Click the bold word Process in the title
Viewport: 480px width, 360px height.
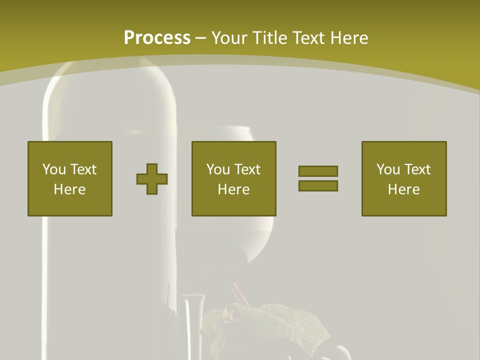pyautogui.click(x=157, y=38)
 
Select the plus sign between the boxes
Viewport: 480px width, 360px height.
pyautogui.click(x=152, y=179)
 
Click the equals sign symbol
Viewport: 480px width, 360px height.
pyautogui.click(x=318, y=178)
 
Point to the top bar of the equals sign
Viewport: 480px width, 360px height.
pyautogui.click(x=318, y=171)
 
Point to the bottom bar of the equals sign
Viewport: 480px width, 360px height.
pyautogui.click(x=318, y=186)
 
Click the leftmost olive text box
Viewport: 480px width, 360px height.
pyautogui.click(x=70, y=178)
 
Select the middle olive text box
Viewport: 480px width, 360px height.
pyautogui.click(x=234, y=178)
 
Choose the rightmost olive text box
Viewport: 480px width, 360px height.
pyautogui.click(x=404, y=178)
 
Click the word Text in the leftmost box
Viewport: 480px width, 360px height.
pyautogui.click(x=83, y=169)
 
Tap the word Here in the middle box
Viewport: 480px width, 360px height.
pyautogui.click(x=234, y=189)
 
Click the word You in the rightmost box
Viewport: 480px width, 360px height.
pyautogui.click(x=388, y=169)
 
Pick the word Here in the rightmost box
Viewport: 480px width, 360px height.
pyautogui.click(x=404, y=189)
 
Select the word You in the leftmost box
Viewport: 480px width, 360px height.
pyautogui.click(x=54, y=169)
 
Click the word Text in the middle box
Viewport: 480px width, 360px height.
pyautogui.click(x=247, y=169)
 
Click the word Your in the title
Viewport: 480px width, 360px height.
pyautogui.click(x=230, y=38)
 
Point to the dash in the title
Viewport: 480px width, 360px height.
pyautogui.click(x=200, y=38)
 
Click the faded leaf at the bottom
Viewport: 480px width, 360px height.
pyautogui.click(x=280, y=325)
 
